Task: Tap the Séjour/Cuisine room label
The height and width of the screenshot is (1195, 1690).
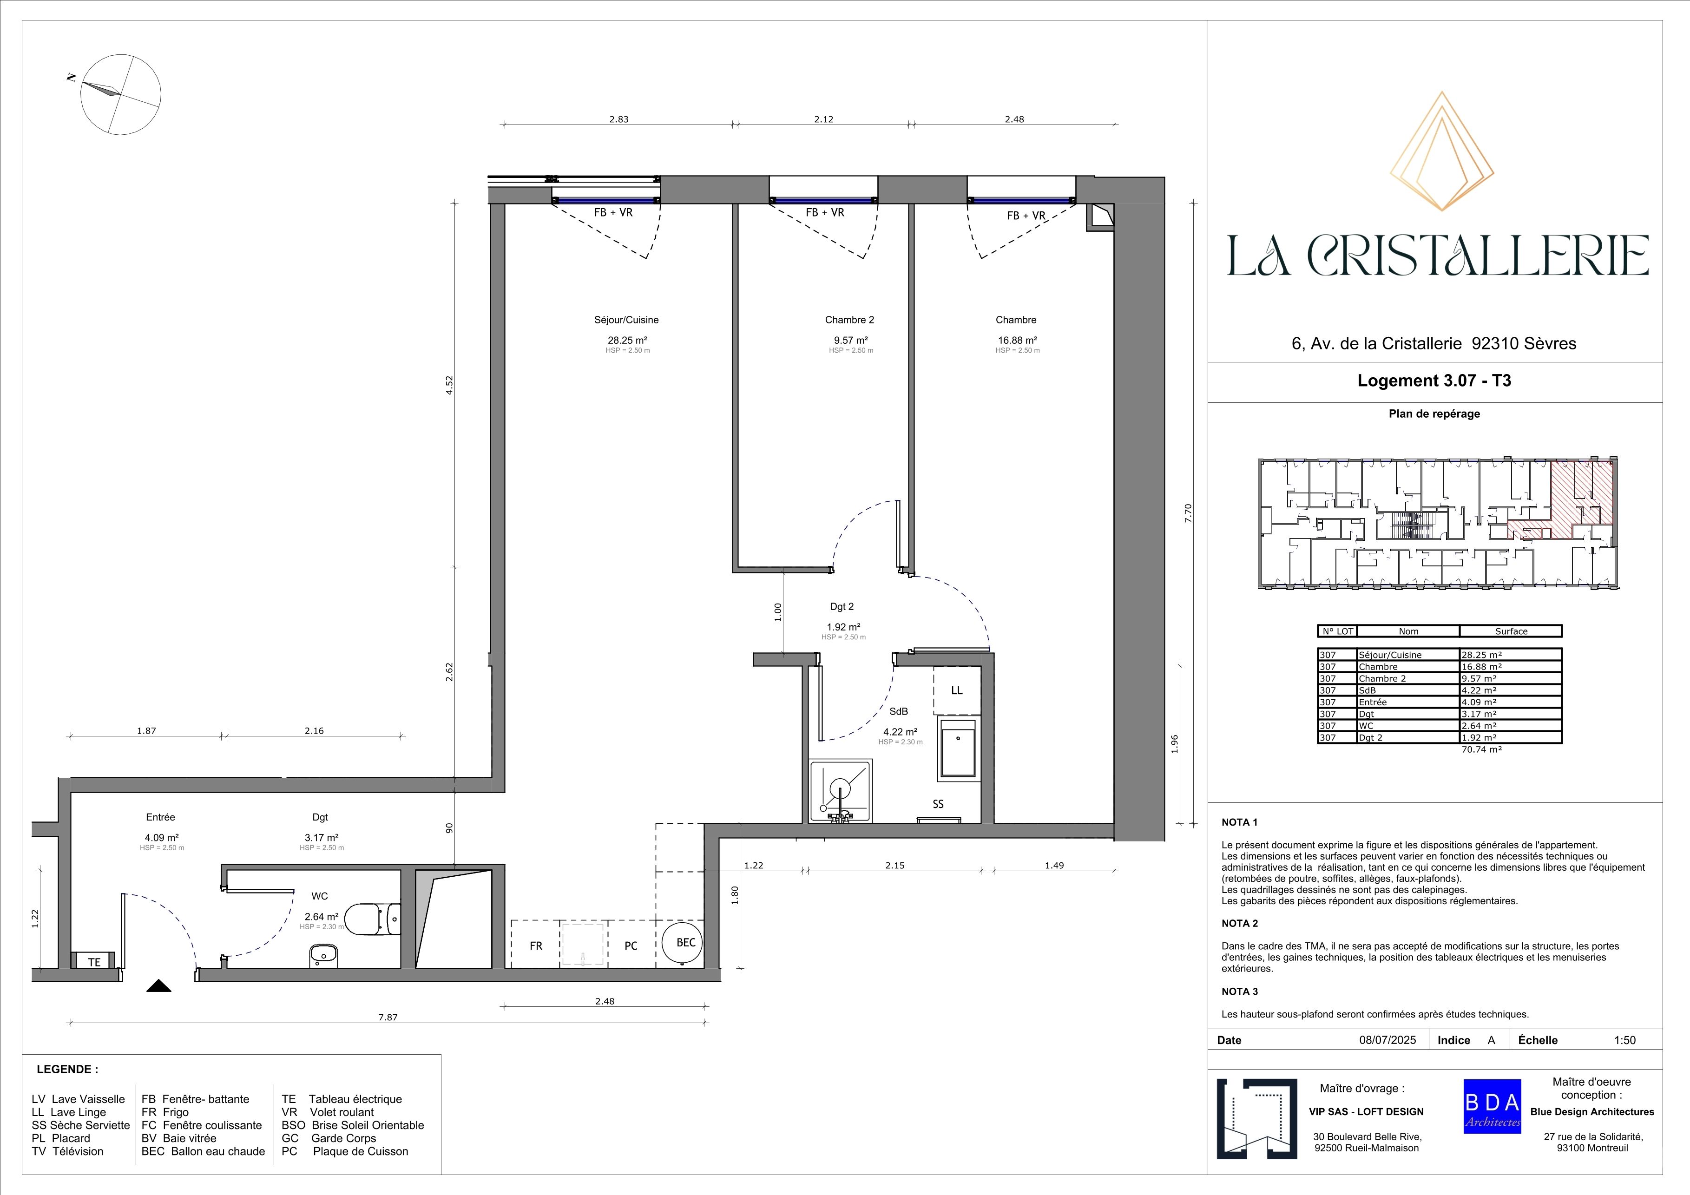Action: tap(626, 320)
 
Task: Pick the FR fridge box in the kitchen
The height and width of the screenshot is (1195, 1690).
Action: tap(536, 944)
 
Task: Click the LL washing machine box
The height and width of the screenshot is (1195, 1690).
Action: tap(957, 690)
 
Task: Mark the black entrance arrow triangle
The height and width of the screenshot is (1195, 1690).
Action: tap(159, 986)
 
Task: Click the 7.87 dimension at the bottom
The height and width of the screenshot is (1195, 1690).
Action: tap(388, 1017)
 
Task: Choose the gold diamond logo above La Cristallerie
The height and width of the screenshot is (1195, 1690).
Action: tap(1441, 151)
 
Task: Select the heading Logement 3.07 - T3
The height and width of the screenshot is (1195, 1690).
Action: tap(1434, 381)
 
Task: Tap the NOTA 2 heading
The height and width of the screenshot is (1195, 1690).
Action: tap(1240, 924)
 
